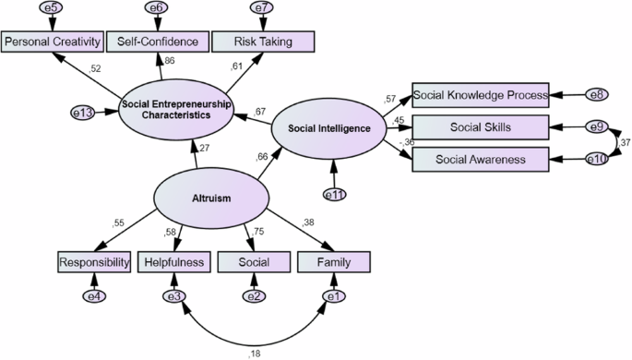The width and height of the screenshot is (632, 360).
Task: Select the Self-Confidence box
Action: tap(156, 42)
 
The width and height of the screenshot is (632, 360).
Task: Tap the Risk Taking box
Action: tap(263, 42)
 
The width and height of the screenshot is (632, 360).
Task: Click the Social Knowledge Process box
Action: tap(480, 94)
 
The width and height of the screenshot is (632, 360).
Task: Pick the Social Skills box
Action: tap(480, 126)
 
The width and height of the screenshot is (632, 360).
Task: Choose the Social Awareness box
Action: tap(480, 159)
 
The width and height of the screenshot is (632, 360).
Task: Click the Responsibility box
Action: tap(92, 263)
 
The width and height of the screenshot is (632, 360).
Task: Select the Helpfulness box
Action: tap(173, 263)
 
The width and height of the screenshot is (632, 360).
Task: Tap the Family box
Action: tap(334, 263)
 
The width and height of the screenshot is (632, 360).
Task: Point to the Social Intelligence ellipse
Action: tap(328, 128)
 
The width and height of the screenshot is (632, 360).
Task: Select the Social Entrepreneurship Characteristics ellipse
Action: tap(176, 110)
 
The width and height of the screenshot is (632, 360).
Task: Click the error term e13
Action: tap(84, 113)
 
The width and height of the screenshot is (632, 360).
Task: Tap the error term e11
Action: tap(334, 195)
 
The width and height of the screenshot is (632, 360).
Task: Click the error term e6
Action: tap(156, 8)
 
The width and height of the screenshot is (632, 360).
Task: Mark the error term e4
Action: tap(92, 296)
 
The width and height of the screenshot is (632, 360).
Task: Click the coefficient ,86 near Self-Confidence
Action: tap(168, 62)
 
